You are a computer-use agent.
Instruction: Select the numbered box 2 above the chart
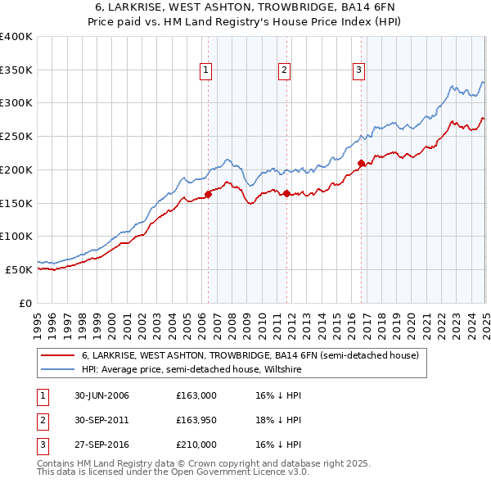[283, 70]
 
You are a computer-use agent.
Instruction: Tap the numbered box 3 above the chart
[358, 70]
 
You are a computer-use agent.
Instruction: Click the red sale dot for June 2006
[208, 194]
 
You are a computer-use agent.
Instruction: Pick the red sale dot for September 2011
[287, 194]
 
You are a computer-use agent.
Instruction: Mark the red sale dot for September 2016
[362, 163]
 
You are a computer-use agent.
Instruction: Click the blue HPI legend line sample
[58, 370]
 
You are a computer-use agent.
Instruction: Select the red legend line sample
[58, 356]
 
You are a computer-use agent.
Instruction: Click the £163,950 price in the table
[196, 420]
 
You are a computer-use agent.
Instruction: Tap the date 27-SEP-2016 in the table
[101, 445]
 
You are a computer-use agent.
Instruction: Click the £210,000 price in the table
[196, 445]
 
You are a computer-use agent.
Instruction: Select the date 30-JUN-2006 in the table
[101, 395]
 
